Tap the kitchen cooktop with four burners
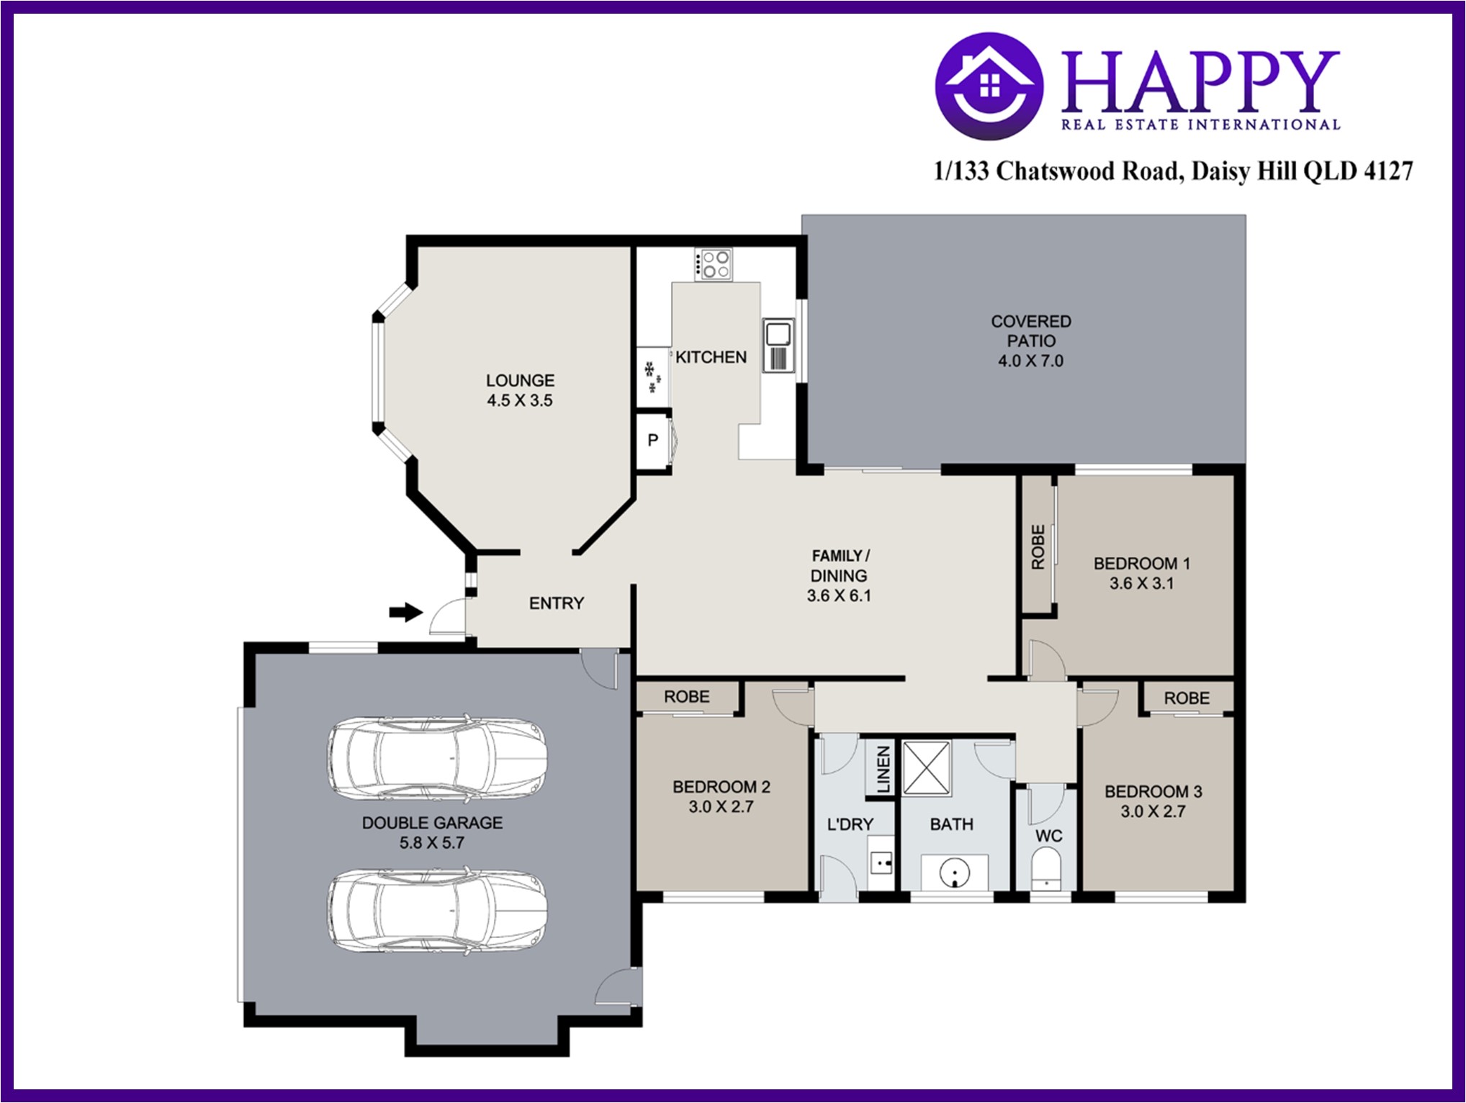pyautogui.click(x=713, y=264)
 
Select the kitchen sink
pyautogui.click(x=778, y=345)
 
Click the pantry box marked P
pyautogui.click(x=653, y=440)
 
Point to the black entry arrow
pyautogui.click(x=405, y=612)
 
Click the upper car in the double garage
pyautogui.click(x=437, y=757)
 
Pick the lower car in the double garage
pyautogui.click(x=437, y=911)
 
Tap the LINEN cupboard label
pyautogui.click(x=883, y=769)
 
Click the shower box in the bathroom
pyautogui.click(x=927, y=767)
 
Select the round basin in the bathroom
pyautogui.click(x=955, y=873)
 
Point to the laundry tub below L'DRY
pyautogui.click(x=881, y=862)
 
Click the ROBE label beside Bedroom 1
pyautogui.click(x=1038, y=547)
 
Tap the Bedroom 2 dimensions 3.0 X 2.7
pyautogui.click(x=721, y=807)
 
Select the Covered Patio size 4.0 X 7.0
pyautogui.click(x=1030, y=361)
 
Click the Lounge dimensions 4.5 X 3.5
pyautogui.click(x=520, y=400)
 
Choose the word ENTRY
pyautogui.click(x=557, y=603)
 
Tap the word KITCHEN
pyautogui.click(x=711, y=357)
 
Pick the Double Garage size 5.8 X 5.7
pyautogui.click(x=432, y=842)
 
